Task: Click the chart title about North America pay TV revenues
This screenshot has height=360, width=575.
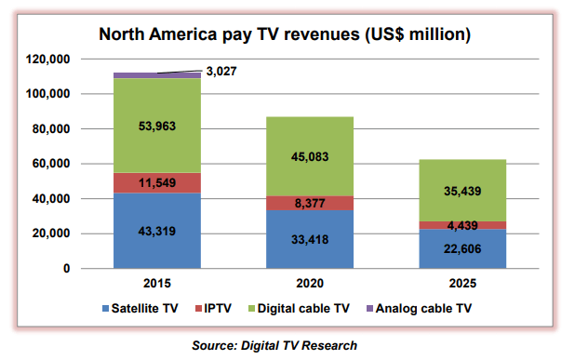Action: pos(285,35)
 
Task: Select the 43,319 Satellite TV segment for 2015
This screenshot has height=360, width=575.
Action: pos(143,230)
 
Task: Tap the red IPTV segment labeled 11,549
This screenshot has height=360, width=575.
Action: pos(143,182)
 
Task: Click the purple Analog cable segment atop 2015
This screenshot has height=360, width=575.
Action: pos(130,74)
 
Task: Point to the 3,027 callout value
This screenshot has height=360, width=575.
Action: pos(221,70)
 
